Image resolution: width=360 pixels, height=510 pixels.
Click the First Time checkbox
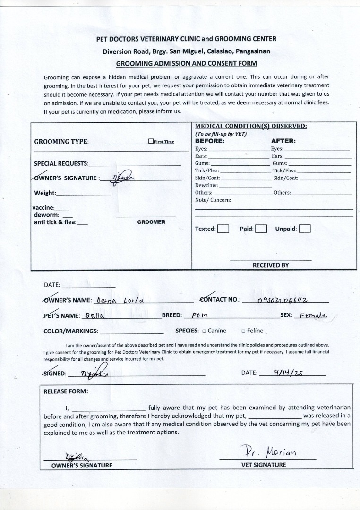pyautogui.click(x=151, y=141)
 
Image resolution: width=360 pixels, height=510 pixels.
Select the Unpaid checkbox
pyautogui.click(x=305, y=229)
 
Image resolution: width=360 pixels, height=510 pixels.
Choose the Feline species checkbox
pyautogui.click(x=243, y=331)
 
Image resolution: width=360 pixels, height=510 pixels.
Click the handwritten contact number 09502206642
pyautogui.click(x=283, y=300)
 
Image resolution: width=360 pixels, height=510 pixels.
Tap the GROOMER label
pyautogui.click(x=151, y=222)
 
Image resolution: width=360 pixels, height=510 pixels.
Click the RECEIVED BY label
pyautogui.click(x=270, y=265)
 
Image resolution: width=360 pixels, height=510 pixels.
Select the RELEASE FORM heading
pyautogui.click(x=66, y=391)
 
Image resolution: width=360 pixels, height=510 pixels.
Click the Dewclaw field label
pyautogui.click(x=206, y=186)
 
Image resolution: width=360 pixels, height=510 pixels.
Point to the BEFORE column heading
pyautogui.click(x=210, y=141)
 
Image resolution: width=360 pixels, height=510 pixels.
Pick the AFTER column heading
pyautogui.click(x=283, y=141)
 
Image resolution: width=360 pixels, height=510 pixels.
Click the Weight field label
pyautogui.click(x=45, y=193)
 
